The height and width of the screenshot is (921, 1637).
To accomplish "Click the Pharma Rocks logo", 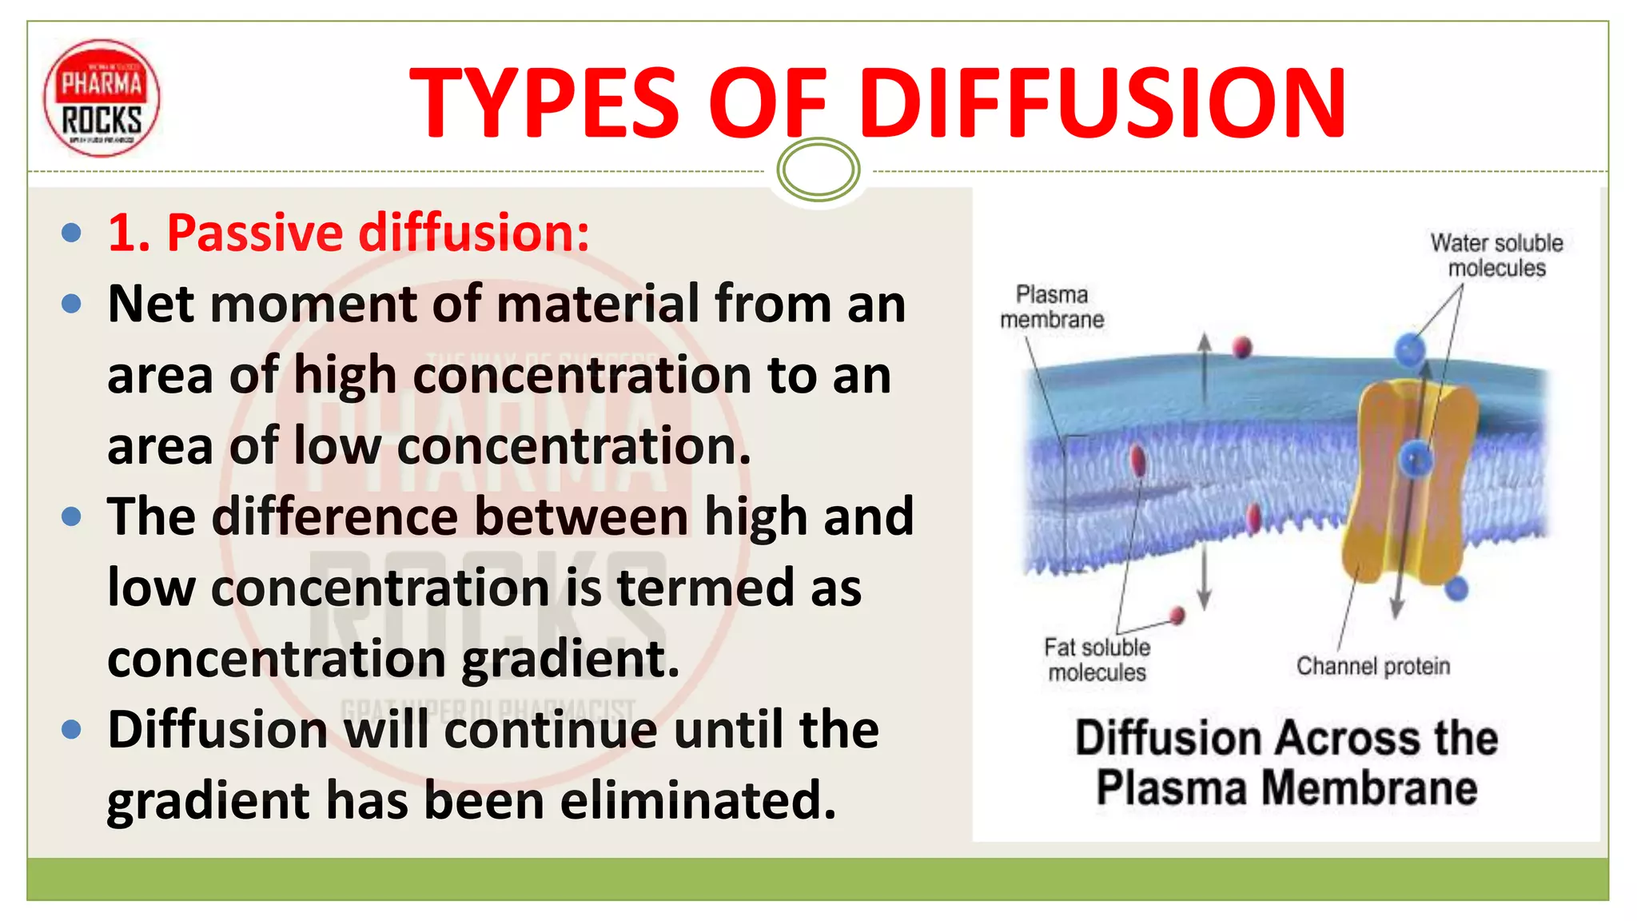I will click(x=102, y=98).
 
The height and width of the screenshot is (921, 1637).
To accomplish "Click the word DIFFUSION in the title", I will click(x=1103, y=102).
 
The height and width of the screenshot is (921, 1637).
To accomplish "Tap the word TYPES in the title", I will click(x=544, y=102).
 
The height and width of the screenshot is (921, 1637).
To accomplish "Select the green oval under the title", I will click(x=818, y=169).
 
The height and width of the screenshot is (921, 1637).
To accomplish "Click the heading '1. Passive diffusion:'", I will click(x=349, y=233).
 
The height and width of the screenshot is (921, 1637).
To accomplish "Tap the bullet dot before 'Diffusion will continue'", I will click(x=71, y=730).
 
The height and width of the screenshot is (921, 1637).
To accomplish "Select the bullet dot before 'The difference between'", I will click(x=71, y=516).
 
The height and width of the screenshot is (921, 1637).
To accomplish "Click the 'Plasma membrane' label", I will click(x=1051, y=307).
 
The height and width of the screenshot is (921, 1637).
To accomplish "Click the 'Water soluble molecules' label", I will click(x=1496, y=255).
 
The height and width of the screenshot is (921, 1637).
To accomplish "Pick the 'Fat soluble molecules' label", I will click(x=1097, y=660).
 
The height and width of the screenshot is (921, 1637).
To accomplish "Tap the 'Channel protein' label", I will click(x=1372, y=666).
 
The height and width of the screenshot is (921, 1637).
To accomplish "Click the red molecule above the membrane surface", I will click(x=1241, y=347).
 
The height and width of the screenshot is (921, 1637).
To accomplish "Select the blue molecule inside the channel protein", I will click(x=1415, y=459).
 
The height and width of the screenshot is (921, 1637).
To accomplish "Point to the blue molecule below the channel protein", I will click(x=1457, y=588).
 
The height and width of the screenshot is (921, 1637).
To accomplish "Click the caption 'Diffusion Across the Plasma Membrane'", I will click(x=1285, y=762).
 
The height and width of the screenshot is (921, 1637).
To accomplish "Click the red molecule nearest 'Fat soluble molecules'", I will click(x=1177, y=615).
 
